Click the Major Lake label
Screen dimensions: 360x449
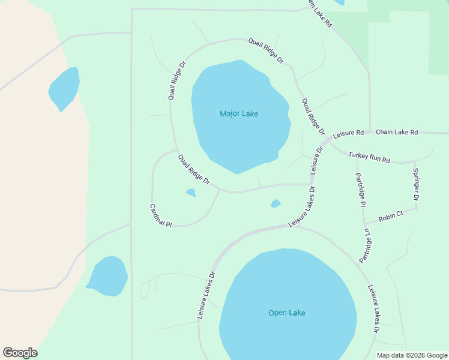pyautogui.click(x=239, y=113)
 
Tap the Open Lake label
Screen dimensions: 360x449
pyautogui.click(x=286, y=313)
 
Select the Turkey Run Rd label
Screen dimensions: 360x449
pyautogui.click(x=369, y=158)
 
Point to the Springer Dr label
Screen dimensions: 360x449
pyautogui.click(x=415, y=184)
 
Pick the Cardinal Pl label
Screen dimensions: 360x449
pyautogui.click(x=160, y=215)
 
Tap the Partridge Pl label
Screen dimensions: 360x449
pyautogui.click(x=361, y=190)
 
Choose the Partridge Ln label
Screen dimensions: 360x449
pyautogui.click(x=366, y=245)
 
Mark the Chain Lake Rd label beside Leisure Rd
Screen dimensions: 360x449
pyautogui.click(x=396, y=132)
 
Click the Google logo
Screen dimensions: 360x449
pyautogui.click(x=20, y=352)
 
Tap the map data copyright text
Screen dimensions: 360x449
pyautogui.click(x=412, y=355)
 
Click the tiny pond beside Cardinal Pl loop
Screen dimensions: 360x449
pyautogui.click(x=191, y=193)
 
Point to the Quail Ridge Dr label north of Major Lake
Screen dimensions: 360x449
pyautogui.click(x=265, y=50)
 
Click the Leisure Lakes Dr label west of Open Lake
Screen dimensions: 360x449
pyautogui.click(x=206, y=294)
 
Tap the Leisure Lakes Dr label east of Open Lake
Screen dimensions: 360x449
pyautogui.click(x=373, y=308)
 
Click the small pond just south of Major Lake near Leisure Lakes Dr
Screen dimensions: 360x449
pyautogui.click(x=276, y=204)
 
